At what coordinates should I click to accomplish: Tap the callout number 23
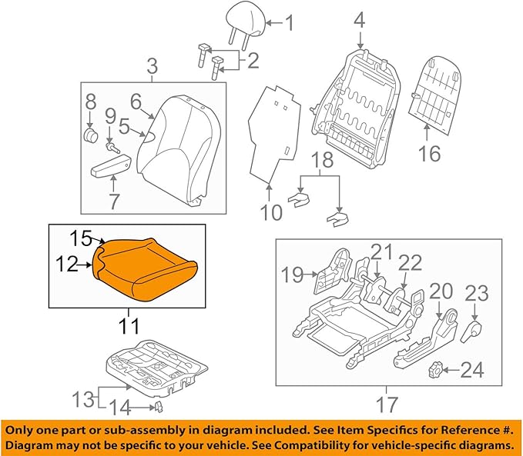point(477,292)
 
